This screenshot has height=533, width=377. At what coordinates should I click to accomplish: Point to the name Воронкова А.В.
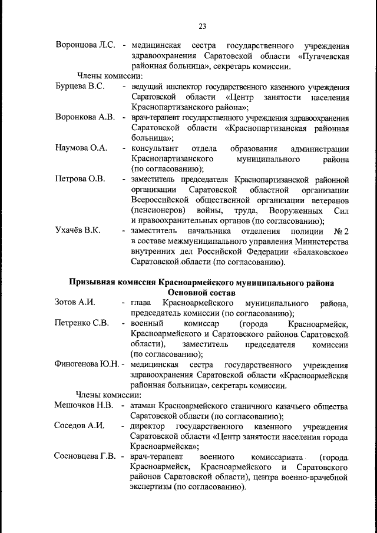pos(85,117)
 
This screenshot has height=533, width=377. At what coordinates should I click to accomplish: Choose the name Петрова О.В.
pos(80,179)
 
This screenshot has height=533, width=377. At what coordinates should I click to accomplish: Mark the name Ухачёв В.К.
pos(77,230)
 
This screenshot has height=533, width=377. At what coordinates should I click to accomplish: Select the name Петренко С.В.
pos(82,323)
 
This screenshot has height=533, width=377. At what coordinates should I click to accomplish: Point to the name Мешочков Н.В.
pos(84,406)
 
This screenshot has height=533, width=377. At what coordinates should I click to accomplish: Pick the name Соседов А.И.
pos(79,426)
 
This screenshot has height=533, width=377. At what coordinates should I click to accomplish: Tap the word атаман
pos(146,406)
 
